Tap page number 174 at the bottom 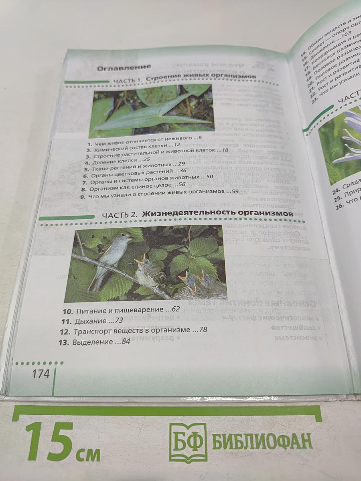(x=41, y=374)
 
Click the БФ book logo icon (x=188, y=443)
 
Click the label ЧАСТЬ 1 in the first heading (x=128, y=81)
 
